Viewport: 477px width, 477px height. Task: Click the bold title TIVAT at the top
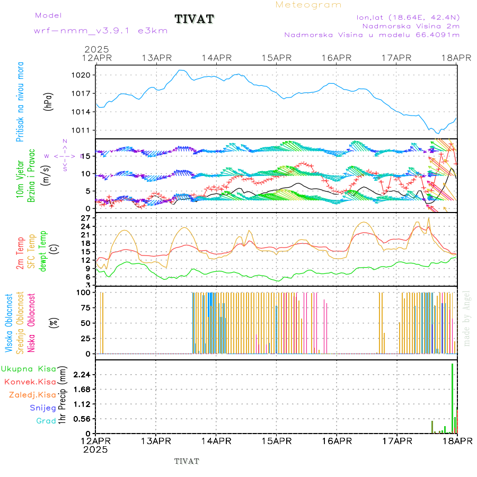coord(194,19)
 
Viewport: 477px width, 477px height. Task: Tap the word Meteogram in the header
coord(308,5)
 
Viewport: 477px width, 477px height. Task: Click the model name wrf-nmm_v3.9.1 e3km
coord(101,30)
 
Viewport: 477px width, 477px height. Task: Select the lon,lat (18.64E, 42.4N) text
coord(408,17)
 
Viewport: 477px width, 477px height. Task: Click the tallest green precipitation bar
coord(452,397)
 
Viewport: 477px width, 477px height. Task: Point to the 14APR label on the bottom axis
coord(216,441)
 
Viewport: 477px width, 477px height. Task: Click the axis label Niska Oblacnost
coord(31,322)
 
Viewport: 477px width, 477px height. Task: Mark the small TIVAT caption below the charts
coord(187,461)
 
